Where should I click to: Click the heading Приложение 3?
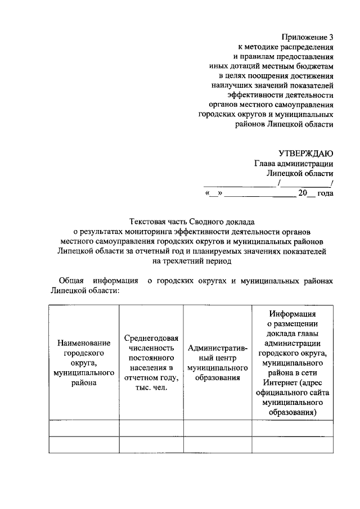tap(307, 37)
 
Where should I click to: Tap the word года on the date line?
tap(325, 193)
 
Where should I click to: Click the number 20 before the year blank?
tap(303, 193)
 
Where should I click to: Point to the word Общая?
tap(71, 281)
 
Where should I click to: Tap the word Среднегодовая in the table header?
tap(151, 338)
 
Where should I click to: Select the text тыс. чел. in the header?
tap(151, 388)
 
